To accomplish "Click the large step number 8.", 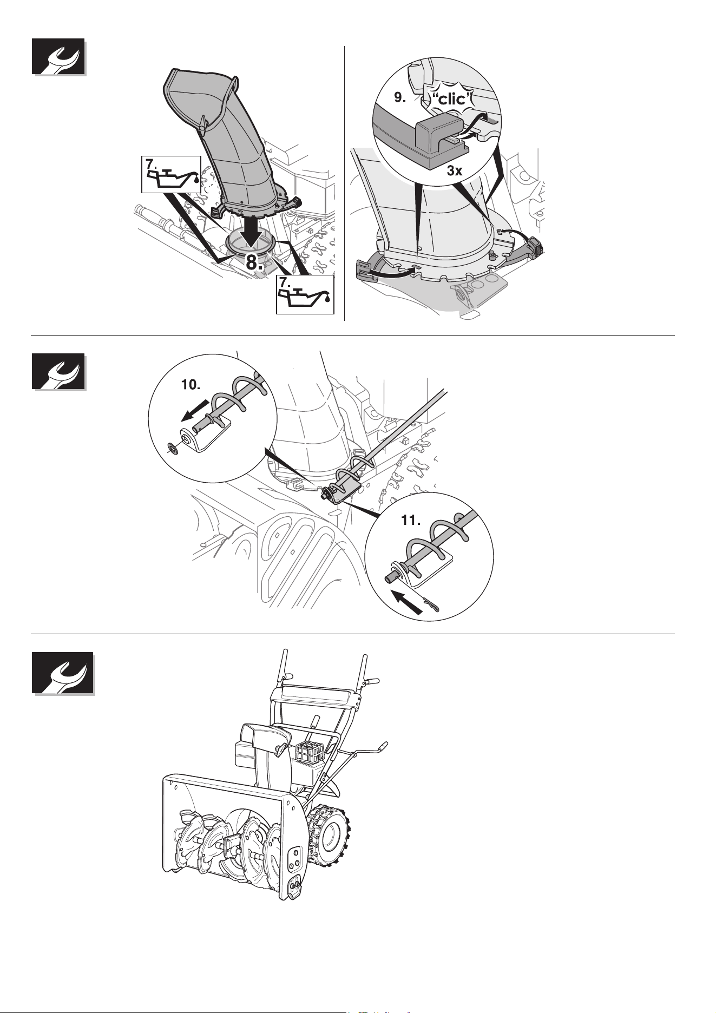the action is point(254,263).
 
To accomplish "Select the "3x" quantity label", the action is point(455,171).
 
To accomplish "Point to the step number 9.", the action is point(401,97).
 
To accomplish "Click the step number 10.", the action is point(191,385).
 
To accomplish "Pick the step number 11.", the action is point(411,521).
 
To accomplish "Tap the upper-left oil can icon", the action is point(171,174).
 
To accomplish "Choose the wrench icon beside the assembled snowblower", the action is point(62,673).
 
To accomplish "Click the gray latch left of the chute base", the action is point(368,269).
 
